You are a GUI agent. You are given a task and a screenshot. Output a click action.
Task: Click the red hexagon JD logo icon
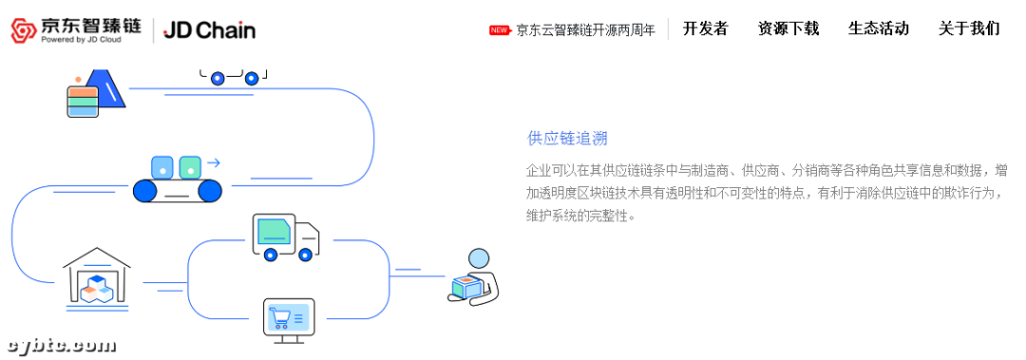[24, 29]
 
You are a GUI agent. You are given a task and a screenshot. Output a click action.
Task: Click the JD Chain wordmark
[209, 29]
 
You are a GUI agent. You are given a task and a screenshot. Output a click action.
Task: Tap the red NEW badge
[500, 29]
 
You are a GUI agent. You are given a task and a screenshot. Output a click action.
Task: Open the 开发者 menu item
[705, 28]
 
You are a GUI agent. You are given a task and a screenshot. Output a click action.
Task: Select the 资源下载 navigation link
[788, 28]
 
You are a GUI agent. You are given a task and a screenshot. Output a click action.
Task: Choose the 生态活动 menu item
[878, 28]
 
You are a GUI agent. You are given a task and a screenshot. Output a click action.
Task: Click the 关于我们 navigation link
[968, 28]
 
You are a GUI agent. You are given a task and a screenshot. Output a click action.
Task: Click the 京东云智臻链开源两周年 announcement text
[585, 29]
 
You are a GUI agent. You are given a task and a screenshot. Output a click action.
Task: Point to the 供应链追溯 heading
[567, 139]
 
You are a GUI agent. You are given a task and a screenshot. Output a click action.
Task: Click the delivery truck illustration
[284, 237]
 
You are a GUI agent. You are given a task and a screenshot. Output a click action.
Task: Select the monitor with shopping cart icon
[288, 320]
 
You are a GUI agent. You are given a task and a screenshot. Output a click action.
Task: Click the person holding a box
[473, 277]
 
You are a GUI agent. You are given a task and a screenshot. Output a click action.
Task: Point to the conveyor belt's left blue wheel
[145, 190]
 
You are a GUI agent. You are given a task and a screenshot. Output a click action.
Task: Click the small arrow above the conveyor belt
[214, 162]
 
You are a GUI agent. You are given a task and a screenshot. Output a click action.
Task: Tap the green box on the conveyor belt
[191, 166]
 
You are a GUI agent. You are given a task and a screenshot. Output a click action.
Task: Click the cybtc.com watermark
[61, 345]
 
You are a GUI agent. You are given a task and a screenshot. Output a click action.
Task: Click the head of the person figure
[479, 258]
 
